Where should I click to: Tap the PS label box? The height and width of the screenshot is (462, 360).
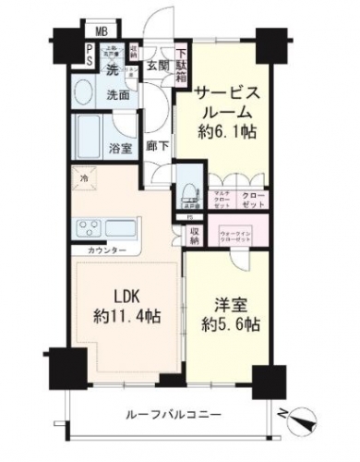tap(88, 56)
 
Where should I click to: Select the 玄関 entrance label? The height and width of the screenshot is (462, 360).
tap(157, 65)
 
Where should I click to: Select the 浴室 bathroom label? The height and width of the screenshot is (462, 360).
tap(118, 145)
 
